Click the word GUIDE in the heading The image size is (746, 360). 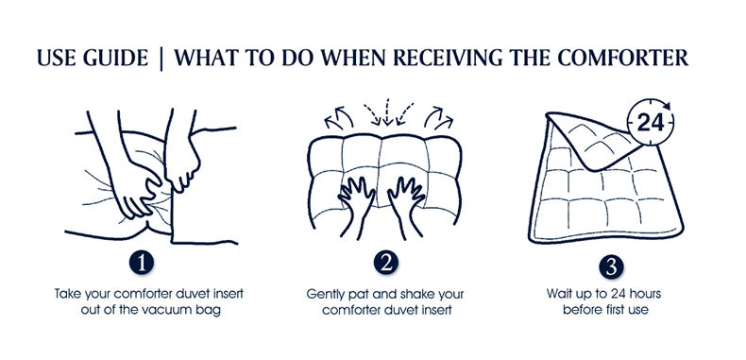(117, 59)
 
